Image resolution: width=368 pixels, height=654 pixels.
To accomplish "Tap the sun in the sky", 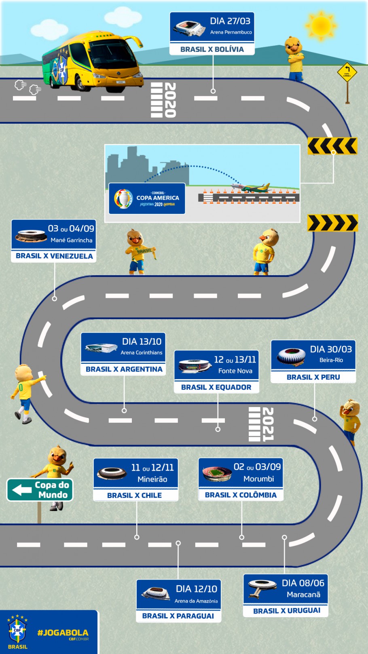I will click(321, 25).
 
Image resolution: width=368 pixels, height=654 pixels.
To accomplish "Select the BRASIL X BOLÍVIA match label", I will click(212, 49).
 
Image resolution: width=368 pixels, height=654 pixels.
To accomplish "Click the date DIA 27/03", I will click(230, 21).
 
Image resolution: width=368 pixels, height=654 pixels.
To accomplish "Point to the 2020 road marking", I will click(164, 100).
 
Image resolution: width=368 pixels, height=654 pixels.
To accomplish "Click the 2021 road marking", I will click(261, 424).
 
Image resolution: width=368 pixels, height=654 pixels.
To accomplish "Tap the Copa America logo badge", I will click(147, 198).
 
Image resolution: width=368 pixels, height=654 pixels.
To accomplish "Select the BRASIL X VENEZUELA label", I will click(54, 256).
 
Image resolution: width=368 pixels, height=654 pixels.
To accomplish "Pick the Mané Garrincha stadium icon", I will click(30, 235).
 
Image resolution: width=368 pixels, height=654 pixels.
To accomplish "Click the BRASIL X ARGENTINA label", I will click(124, 369).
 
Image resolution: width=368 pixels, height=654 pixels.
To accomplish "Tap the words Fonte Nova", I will click(235, 371).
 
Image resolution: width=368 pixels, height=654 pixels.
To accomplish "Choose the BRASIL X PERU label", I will click(313, 377).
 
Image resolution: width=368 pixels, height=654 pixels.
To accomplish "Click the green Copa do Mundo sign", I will click(40, 489).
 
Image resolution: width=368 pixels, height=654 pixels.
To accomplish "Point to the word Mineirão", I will click(152, 479).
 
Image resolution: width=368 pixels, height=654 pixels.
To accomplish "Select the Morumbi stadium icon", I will click(217, 473).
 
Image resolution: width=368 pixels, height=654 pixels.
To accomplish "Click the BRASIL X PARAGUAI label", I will click(178, 616).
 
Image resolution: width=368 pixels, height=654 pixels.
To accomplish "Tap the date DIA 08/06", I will click(303, 583).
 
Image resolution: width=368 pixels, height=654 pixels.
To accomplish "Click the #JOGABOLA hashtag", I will click(63, 633).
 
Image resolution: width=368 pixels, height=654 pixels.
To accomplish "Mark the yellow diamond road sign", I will click(347, 72).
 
